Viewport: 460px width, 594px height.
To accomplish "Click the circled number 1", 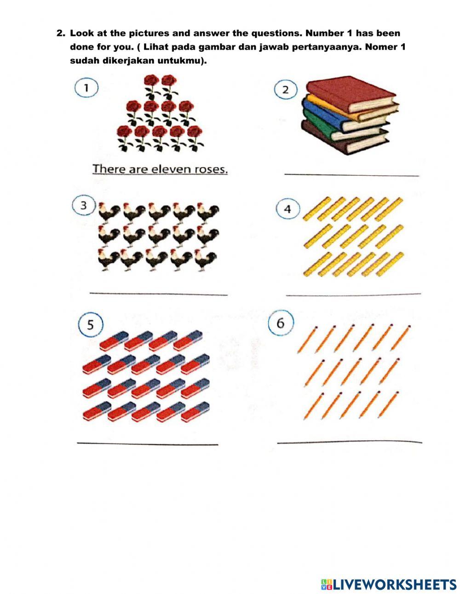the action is (x=86, y=87).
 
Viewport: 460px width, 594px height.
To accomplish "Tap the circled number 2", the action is (x=285, y=89).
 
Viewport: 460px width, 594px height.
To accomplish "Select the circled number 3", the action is (x=83, y=206).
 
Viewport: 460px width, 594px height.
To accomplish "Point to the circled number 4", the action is (x=287, y=209).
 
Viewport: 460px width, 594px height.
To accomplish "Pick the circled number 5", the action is (x=90, y=325).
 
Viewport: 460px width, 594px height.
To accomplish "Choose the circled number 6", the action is (x=280, y=323).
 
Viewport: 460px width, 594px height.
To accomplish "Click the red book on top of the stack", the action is (x=350, y=94).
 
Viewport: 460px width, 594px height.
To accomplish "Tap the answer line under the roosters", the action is (x=158, y=294).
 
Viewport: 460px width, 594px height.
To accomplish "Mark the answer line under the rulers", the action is (x=353, y=294).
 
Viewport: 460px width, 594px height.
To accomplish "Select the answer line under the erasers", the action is (x=147, y=444).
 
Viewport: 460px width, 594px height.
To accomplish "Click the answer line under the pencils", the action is (x=350, y=442).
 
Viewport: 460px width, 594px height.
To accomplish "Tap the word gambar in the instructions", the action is (x=219, y=47).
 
